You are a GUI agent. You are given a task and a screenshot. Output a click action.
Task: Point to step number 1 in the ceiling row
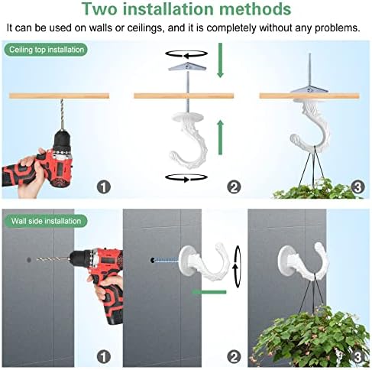[104, 186]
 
